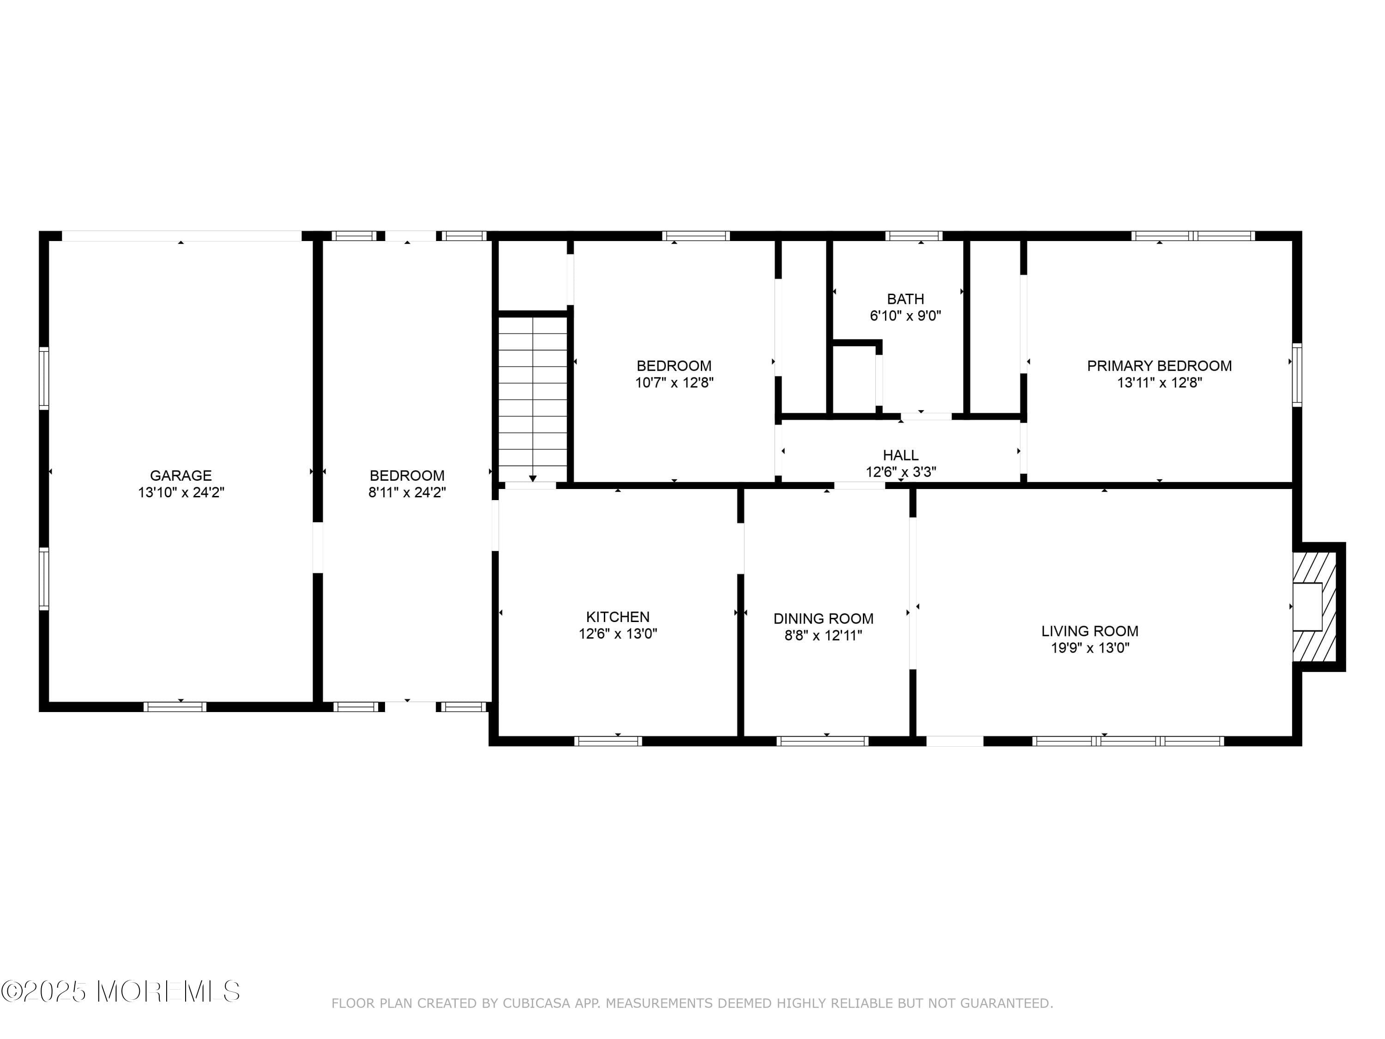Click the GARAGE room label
click(x=181, y=475)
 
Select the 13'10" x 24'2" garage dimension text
click(x=181, y=492)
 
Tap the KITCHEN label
click(x=617, y=616)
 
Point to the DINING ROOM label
click(x=823, y=619)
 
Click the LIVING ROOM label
click(x=1090, y=631)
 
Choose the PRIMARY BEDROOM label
click(x=1159, y=366)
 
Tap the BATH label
click(x=905, y=299)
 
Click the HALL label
click(x=900, y=455)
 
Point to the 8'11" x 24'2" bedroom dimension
click(x=407, y=492)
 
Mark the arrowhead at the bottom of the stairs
click(x=533, y=478)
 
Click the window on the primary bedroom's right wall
click(x=1297, y=375)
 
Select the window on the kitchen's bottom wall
click(x=608, y=741)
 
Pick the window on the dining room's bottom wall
click(x=822, y=741)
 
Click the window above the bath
click(x=914, y=236)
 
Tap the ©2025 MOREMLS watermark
click(x=120, y=991)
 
